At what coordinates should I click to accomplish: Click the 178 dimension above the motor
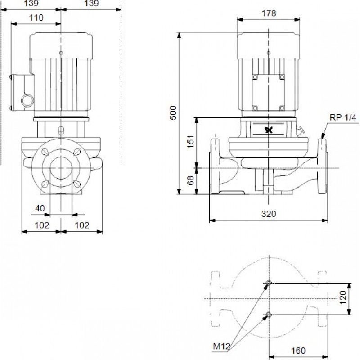pyautogui.click(x=269, y=13)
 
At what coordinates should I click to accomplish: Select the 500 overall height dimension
pyautogui.click(x=173, y=113)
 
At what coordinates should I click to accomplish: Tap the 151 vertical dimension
pyautogui.click(x=190, y=142)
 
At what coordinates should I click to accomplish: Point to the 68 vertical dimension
pyautogui.click(x=190, y=180)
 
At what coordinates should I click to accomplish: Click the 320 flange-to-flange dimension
pyautogui.click(x=269, y=214)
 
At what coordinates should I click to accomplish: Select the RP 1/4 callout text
pyautogui.click(x=343, y=117)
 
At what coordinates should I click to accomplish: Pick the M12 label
pyautogui.click(x=221, y=346)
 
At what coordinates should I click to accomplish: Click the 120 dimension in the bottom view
pyautogui.click(x=343, y=297)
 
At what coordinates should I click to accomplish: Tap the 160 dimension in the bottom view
pyautogui.click(x=298, y=351)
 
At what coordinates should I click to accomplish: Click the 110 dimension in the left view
pyautogui.click(x=36, y=18)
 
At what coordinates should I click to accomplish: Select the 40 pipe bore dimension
pyautogui.click(x=40, y=208)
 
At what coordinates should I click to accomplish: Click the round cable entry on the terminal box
pyautogui.click(x=27, y=100)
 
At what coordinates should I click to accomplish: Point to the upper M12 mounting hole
pyautogui.click(x=268, y=283)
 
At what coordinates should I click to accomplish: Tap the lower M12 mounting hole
pyautogui.click(x=268, y=314)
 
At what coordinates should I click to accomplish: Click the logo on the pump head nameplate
pyautogui.click(x=269, y=130)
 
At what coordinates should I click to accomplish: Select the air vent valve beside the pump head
pyautogui.click(x=300, y=131)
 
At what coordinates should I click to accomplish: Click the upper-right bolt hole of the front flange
pyautogui.click(x=77, y=152)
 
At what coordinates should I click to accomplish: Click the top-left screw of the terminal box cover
pyautogui.click(x=255, y=77)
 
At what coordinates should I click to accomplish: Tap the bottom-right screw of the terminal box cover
pyautogui.click(x=282, y=108)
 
